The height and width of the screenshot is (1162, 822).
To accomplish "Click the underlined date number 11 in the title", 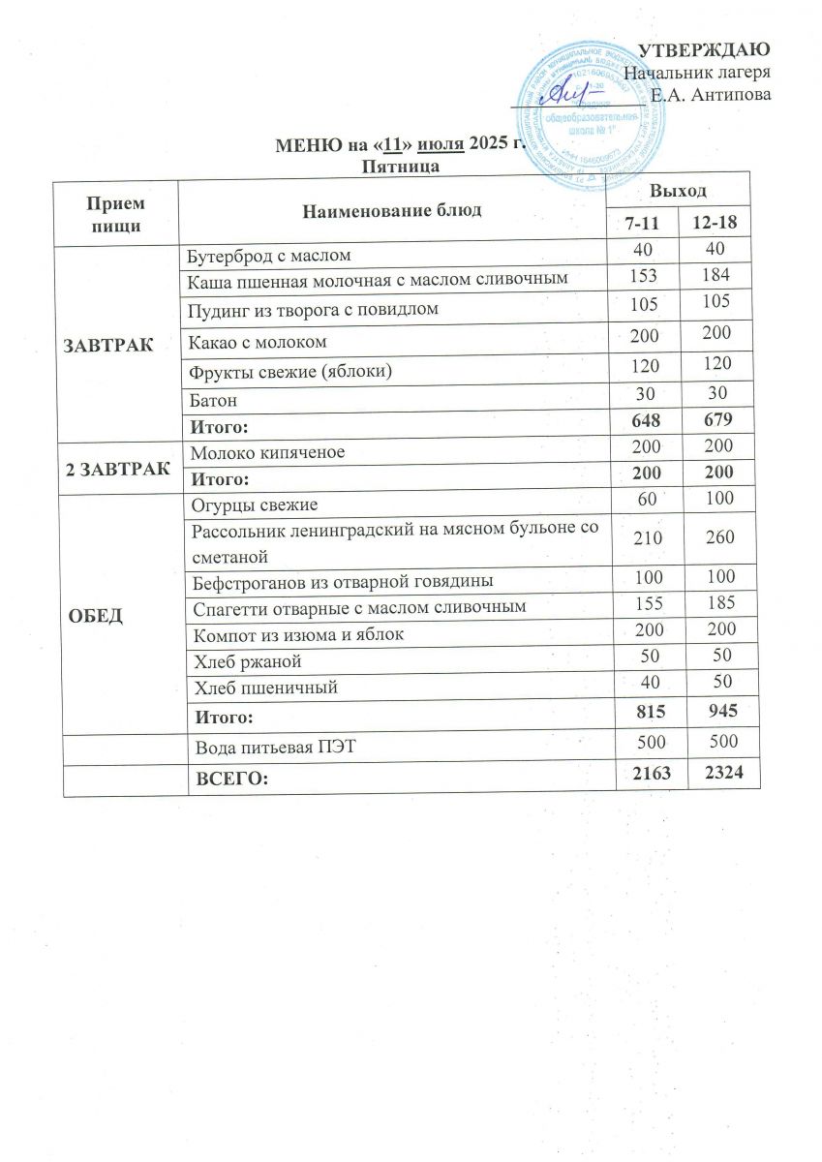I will (393, 145).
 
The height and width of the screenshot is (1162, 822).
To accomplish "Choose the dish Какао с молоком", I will (259, 341).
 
